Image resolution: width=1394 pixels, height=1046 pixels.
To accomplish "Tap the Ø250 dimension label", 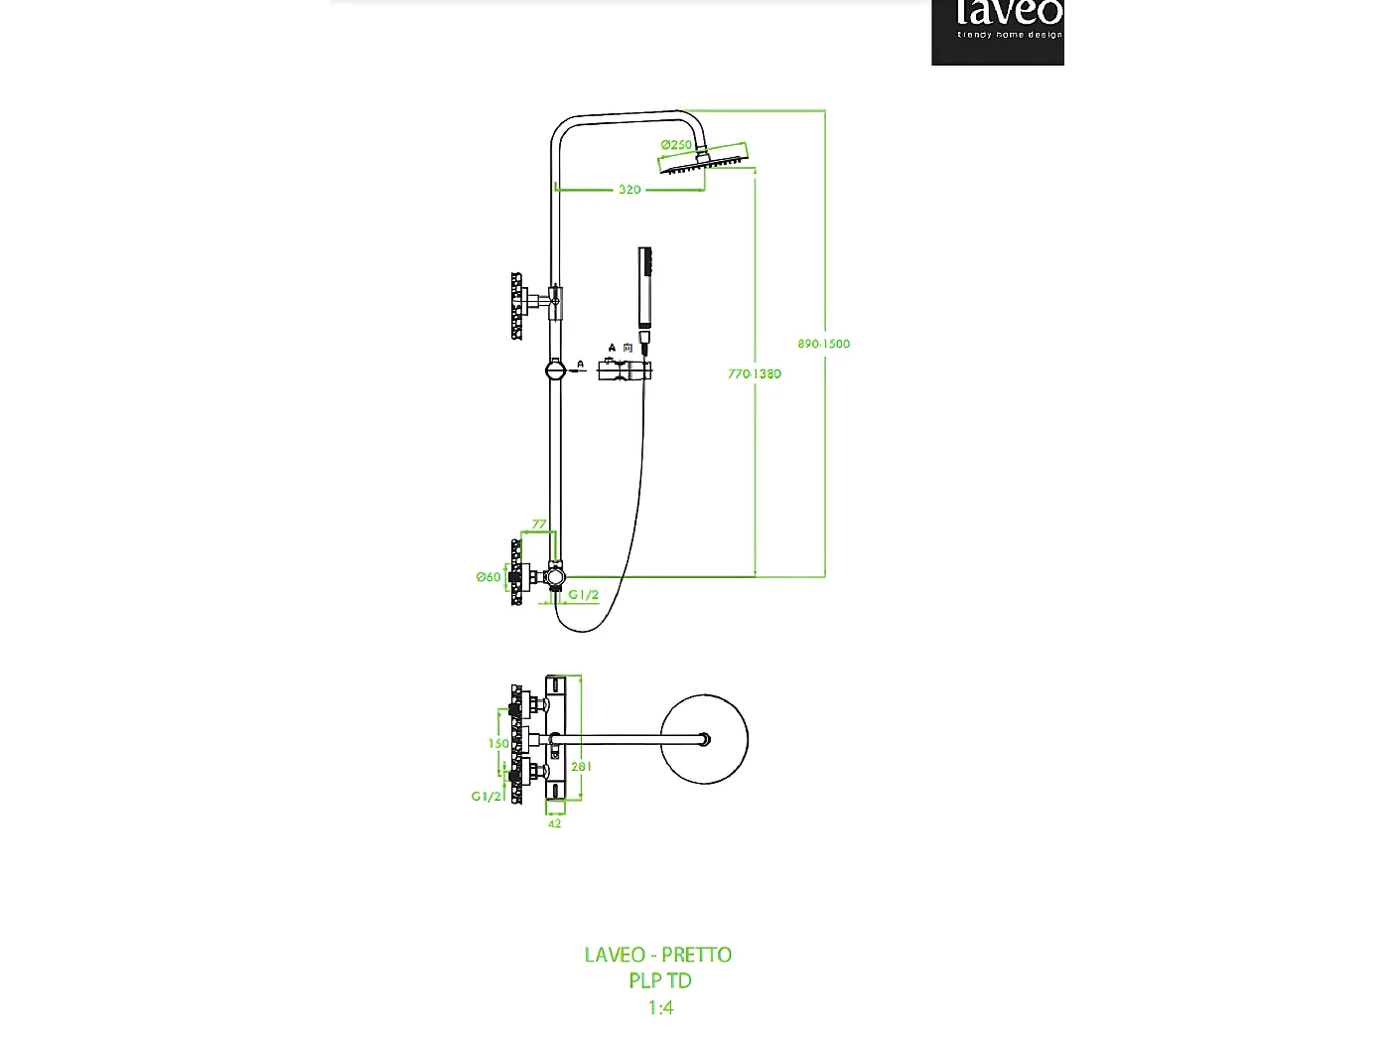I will point(676,145).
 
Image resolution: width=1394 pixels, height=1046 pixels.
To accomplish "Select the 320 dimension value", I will point(629,190).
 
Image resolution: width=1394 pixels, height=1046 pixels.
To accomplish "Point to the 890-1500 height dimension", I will point(823,344).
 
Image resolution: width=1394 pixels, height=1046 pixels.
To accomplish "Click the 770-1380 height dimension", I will point(755,374).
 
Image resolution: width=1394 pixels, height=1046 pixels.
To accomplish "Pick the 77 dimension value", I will point(539,524).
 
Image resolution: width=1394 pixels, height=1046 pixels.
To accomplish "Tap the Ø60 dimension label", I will point(488,577).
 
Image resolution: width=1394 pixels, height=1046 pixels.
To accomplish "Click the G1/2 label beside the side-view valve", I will point(584,595).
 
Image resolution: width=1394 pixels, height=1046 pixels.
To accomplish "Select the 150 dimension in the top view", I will point(498,743).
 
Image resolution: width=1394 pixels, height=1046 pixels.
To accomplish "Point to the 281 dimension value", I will point(582,767).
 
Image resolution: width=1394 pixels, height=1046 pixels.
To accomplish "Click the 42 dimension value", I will point(555,823).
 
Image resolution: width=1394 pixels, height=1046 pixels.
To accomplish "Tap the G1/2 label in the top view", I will point(486,797).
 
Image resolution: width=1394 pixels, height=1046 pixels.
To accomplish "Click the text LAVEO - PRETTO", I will point(658,955).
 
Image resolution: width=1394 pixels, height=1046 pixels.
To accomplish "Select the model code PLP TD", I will point(660,980).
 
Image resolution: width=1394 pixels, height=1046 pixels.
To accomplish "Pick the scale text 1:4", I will point(660,1007).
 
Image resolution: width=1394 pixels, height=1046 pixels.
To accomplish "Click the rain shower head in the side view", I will point(707,159).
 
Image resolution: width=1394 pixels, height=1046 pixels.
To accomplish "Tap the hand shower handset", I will point(645,287).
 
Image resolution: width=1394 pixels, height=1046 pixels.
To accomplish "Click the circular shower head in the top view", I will point(704,739).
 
